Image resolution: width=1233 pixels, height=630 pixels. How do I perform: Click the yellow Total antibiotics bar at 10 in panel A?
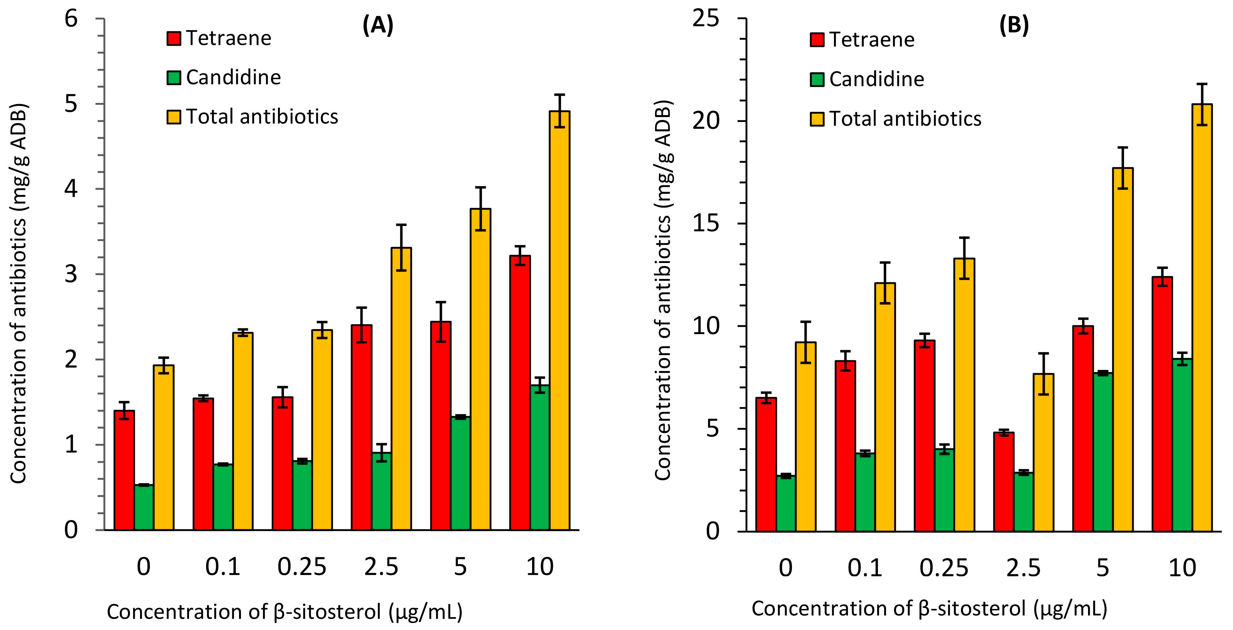(x=559, y=321)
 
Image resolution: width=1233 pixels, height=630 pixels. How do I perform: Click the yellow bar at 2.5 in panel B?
(x=1043, y=452)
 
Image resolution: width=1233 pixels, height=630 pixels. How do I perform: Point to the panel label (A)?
(x=378, y=25)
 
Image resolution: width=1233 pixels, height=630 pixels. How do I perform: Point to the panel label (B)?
(x=1014, y=25)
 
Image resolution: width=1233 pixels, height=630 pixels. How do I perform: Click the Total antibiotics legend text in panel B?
(x=905, y=119)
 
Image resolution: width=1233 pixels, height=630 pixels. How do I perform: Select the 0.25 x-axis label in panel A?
(x=302, y=567)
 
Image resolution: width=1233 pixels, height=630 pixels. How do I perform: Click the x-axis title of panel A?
(x=284, y=612)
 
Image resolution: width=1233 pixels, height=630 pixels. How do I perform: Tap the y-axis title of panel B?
(x=664, y=290)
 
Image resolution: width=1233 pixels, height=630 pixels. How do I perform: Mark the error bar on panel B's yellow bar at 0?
(x=805, y=342)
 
